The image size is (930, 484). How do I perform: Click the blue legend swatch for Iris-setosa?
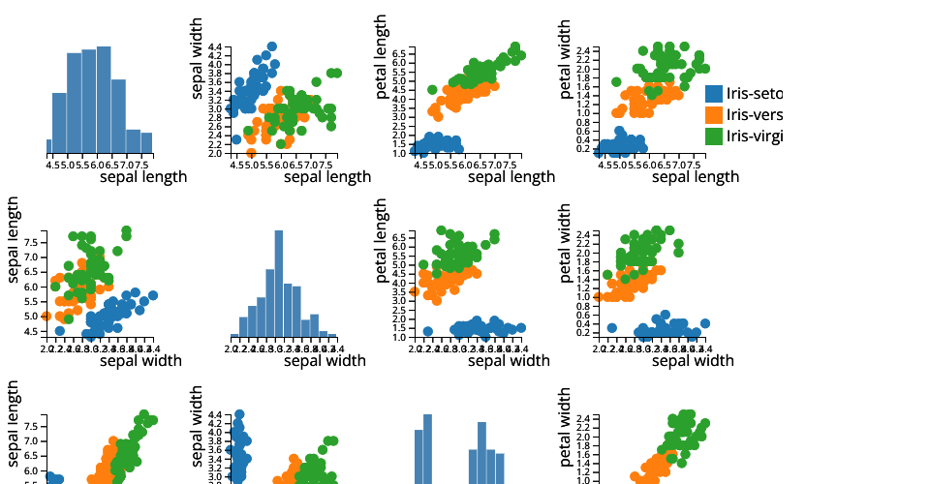714,94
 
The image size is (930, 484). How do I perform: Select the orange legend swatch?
714,115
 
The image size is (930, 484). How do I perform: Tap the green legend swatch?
714,136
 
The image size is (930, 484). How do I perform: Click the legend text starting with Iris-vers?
754,115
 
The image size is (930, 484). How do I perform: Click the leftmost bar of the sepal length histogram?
48,146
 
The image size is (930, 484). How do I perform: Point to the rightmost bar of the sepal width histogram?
331,335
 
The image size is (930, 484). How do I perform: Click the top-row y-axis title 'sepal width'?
198,58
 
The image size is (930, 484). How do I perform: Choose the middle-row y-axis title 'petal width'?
566,241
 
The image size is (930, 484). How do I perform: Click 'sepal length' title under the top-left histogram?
143,176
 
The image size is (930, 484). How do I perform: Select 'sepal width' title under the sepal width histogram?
325,360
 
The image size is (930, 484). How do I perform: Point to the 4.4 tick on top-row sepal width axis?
214,46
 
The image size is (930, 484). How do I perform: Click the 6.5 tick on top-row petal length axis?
398,51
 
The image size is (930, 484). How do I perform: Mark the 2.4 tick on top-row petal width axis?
582,50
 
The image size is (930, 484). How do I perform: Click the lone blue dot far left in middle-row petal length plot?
427,331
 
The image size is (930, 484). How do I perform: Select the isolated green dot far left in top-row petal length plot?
432,90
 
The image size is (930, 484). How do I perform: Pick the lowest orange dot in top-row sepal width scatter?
252,153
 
